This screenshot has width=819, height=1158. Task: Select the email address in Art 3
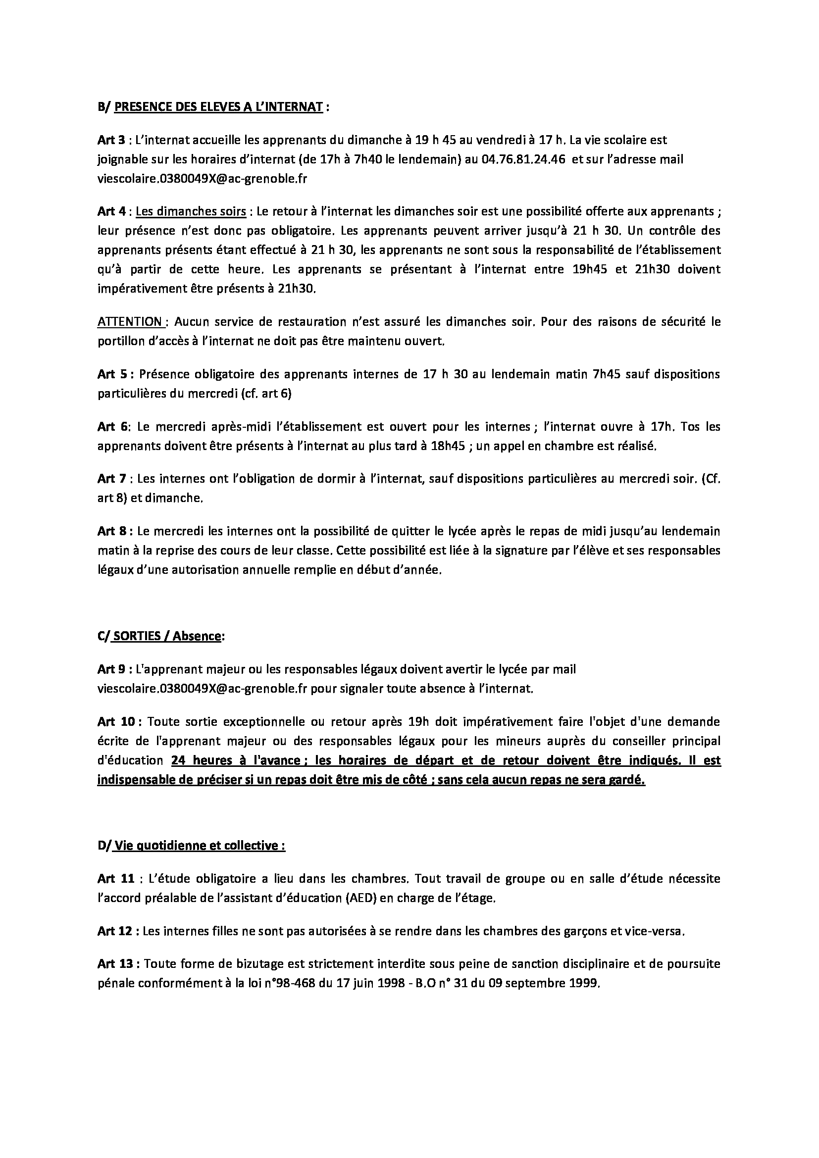202,179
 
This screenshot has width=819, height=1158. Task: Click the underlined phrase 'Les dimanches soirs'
191,211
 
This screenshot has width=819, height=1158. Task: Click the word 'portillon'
118,342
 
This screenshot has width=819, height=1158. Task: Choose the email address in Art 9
202,689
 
